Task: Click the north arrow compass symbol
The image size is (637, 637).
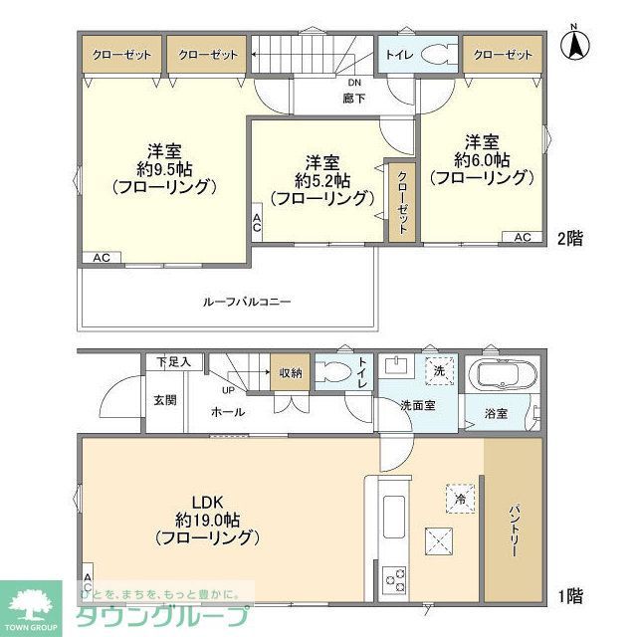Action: [574, 44]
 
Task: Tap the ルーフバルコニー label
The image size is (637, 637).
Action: [246, 301]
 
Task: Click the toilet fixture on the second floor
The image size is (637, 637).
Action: [435, 55]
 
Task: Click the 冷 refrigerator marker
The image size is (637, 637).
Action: [460, 499]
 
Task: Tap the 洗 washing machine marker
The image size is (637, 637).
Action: [438, 369]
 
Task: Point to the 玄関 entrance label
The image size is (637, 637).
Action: [164, 400]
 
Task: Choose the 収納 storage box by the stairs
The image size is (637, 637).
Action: [290, 374]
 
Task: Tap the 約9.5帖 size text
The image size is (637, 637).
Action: [164, 169]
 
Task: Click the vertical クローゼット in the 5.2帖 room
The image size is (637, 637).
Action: [401, 201]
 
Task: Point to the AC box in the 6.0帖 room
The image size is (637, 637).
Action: [523, 237]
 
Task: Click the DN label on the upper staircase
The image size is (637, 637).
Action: [353, 84]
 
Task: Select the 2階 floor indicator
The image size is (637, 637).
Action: [570, 238]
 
